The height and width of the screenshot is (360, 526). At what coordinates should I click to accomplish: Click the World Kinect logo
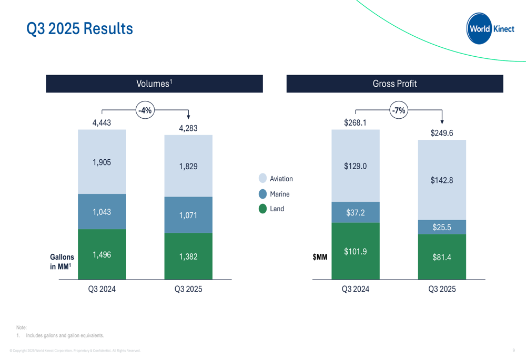pyautogui.click(x=490, y=29)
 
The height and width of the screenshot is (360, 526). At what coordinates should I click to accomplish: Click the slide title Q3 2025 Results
pyautogui.click(x=80, y=28)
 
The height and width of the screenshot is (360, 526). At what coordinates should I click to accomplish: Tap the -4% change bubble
pyautogui.click(x=145, y=110)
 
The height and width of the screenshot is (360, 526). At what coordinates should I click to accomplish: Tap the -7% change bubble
pyautogui.click(x=399, y=110)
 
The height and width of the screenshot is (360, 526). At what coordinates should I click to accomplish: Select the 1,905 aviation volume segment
pyautogui.click(x=102, y=162)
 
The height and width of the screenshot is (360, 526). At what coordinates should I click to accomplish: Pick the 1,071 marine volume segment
pyautogui.click(x=188, y=215)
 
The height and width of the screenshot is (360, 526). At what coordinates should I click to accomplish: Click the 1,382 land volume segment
pyautogui.click(x=188, y=256)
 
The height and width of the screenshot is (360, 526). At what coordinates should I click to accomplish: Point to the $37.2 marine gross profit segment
pyautogui.click(x=356, y=212)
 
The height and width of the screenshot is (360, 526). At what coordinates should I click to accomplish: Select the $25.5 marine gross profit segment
pyautogui.click(x=442, y=227)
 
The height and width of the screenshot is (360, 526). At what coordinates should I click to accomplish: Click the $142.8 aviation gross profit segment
pyautogui.click(x=442, y=180)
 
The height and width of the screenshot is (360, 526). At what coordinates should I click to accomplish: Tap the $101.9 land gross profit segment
pyautogui.click(x=356, y=251)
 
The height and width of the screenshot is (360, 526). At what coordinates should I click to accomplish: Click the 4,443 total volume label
pyautogui.click(x=102, y=123)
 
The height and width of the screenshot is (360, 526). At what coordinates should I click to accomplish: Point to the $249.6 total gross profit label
pyautogui.click(x=442, y=133)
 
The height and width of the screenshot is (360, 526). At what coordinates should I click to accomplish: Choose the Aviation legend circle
pyautogui.click(x=263, y=179)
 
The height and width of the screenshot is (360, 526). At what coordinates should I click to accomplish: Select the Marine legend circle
pyautogui.click(x=263, y=194)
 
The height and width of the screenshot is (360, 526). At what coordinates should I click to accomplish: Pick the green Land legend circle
pyautogui.click(x=263, y=209)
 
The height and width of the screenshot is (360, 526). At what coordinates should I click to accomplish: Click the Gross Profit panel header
pyautogui.click(x=394, y=84)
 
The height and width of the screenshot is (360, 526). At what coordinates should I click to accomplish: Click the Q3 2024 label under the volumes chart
pyautogui.click(x=102, y=289)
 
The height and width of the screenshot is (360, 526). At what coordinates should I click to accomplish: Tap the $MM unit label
pyautogui.click(x=320, y=258)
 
